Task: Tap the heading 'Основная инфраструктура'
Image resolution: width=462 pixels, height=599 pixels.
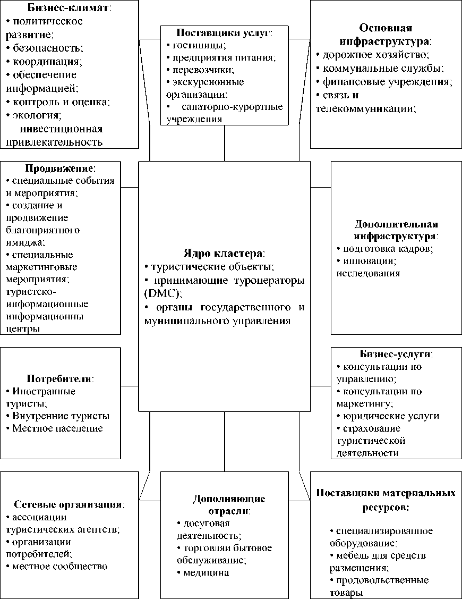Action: (386, 33)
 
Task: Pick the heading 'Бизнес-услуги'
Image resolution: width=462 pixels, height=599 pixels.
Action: (396, 354)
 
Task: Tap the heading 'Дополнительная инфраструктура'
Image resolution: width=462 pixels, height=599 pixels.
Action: (396, 230)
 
